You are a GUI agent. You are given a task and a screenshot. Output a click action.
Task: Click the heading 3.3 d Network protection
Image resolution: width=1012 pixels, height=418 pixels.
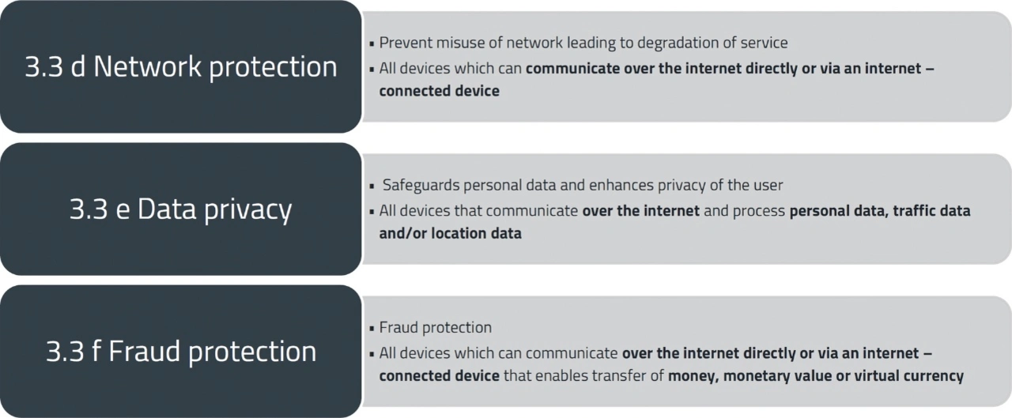click(181, 66)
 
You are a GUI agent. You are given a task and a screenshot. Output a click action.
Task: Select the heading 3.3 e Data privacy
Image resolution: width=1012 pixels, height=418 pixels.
click(181, 209)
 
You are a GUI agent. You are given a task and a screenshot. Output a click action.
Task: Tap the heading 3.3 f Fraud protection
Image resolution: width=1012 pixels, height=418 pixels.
click(181, 352)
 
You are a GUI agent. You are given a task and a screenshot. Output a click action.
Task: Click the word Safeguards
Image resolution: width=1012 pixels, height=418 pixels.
click(421, 186)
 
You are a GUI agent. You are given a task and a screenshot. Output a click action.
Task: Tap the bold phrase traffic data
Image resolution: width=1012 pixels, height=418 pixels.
click(931, 211)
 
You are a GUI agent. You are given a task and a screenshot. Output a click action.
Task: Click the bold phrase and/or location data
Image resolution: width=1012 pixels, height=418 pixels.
click(450, 234)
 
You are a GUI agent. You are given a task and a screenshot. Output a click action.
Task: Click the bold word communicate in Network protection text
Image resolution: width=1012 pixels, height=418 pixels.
click(572, 68)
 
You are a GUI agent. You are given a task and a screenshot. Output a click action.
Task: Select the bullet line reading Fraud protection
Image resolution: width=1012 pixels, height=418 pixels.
click(435, 327)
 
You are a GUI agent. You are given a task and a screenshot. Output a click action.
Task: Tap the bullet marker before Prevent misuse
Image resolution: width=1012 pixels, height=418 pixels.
click(372, 43)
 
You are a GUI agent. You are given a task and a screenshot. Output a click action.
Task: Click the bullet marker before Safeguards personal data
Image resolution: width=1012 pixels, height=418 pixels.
click(372, 186)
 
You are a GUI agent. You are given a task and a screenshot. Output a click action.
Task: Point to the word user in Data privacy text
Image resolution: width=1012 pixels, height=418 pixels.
click(766, 186)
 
